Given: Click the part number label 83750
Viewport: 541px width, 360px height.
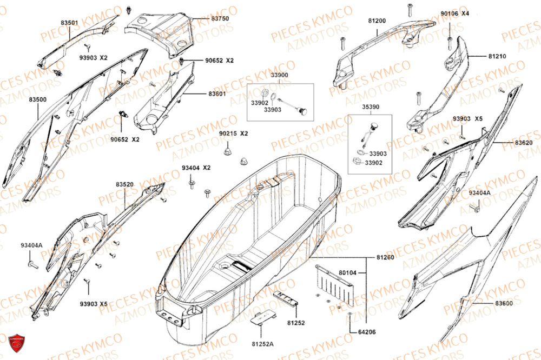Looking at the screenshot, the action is [220, 18].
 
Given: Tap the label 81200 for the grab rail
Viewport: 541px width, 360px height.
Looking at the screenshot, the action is [377, 21].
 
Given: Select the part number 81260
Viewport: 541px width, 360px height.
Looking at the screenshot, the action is [385, 257].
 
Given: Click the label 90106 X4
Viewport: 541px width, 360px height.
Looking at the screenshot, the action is [455, 14].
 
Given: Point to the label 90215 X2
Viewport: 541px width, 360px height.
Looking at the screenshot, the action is [234, 134].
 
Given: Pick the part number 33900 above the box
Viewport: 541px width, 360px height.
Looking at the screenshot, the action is [280, 75].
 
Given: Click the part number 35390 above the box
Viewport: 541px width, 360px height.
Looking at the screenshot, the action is [371, 107].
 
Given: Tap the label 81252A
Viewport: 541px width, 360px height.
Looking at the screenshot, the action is [262, 344].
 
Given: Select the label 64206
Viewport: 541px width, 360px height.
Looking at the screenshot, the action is [367, 332].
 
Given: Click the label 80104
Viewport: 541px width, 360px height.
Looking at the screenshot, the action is [348, 273].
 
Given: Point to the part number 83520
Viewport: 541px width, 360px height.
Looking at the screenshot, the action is [124, 184].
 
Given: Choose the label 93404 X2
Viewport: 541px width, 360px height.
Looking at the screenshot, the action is [196, 168].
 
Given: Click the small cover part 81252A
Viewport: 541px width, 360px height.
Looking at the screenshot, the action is [262, 317].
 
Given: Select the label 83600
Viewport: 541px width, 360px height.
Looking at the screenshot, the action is [504, 303].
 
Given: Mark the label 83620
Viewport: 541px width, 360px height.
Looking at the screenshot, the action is [524, 142].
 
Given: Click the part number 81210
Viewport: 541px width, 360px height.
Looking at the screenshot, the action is [497, 56].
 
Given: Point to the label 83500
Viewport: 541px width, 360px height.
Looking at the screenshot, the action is [38, 99].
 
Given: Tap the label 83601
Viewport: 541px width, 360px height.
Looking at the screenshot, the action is [217, 94].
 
